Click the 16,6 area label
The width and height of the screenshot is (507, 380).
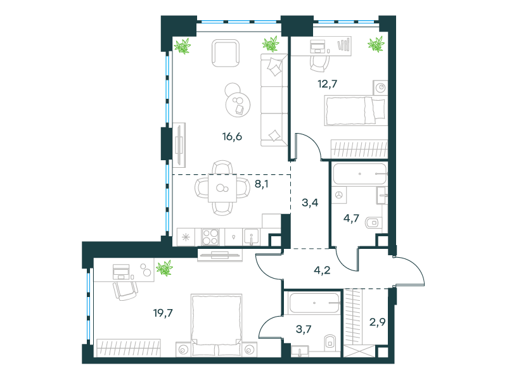coord(232,137)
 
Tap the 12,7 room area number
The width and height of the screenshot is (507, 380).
coord(328,84)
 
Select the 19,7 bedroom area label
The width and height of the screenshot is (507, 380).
coord(163,313)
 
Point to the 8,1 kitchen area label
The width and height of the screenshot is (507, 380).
coord(262,184)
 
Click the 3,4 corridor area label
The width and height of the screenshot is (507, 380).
coord(310,203)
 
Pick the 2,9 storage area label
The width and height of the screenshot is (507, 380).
coord(377,322)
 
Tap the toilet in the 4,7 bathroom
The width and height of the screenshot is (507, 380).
coord(373,223)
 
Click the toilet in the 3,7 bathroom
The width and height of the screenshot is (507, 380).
coord(330,342)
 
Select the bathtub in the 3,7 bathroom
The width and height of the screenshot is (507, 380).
coord(314,303)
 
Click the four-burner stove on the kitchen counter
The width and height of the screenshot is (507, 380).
coord(210,237)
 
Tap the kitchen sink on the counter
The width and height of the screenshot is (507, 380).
coord(251,237)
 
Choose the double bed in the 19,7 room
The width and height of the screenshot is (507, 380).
coord(216,325)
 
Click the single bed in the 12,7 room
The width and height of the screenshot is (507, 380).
coord(356,110)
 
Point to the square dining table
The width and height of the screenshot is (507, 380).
coord(222,187)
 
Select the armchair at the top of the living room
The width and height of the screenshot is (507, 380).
coord(226,53)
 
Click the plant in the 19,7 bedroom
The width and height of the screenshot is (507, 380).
coord(165,268)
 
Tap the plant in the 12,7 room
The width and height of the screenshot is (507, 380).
coord(376,44)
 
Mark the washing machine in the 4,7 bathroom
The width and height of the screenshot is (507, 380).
coord(339,195)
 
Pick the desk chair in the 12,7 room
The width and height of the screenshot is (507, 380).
coord(320,64)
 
